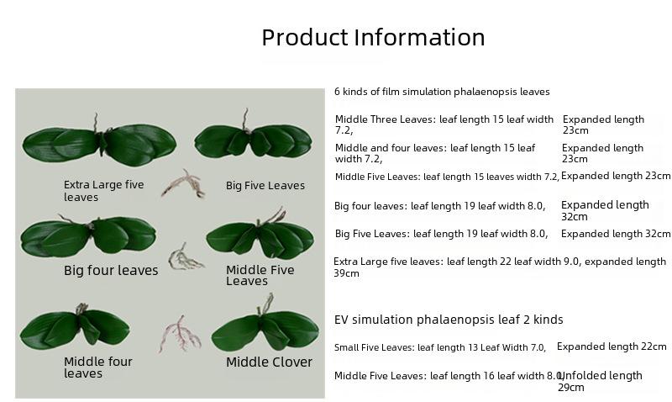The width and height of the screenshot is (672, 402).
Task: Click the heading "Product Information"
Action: coord(373,37)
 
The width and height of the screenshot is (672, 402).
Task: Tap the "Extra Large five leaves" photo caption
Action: coord(103,191)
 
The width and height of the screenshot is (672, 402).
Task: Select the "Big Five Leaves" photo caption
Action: coord(265,186)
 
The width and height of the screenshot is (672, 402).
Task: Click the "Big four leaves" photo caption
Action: coord(111,270)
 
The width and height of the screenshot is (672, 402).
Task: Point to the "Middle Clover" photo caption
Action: coord(269,362)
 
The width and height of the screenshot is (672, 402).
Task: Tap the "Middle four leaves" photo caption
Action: coord(98,368)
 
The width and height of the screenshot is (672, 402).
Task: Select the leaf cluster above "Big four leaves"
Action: coord(88,235)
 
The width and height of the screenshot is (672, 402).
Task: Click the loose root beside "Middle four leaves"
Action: coord(181,334)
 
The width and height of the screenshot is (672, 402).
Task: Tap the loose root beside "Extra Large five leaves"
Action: coord(183,183)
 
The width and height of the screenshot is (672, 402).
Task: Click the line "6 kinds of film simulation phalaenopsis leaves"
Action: coord(442,92)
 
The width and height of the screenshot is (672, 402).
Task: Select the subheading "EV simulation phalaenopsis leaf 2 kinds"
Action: coord(449,320)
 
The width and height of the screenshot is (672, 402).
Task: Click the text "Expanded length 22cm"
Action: coord(612,346)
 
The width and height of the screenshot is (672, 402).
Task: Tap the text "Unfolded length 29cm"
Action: coord(600,382)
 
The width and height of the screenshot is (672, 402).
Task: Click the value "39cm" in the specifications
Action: coord(346,273)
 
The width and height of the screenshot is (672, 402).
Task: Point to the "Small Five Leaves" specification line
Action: coord(440,347)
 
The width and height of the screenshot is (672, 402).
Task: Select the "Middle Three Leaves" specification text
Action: coord(444,124)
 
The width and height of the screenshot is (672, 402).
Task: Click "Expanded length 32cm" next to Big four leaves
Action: coord(605,210)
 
